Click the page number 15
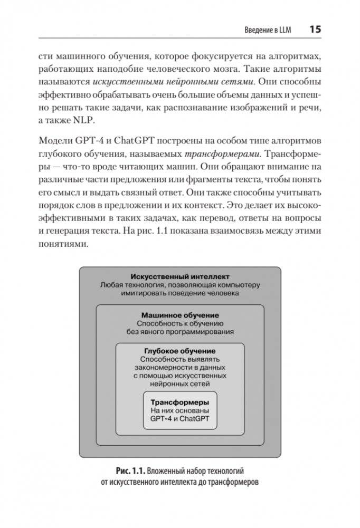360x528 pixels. (315, 30)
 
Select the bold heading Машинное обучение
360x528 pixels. (180, 315)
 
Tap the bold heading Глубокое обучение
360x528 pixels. (179, 350)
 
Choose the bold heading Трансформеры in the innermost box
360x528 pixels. (179, 402)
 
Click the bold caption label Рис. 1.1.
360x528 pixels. (129, 471)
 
